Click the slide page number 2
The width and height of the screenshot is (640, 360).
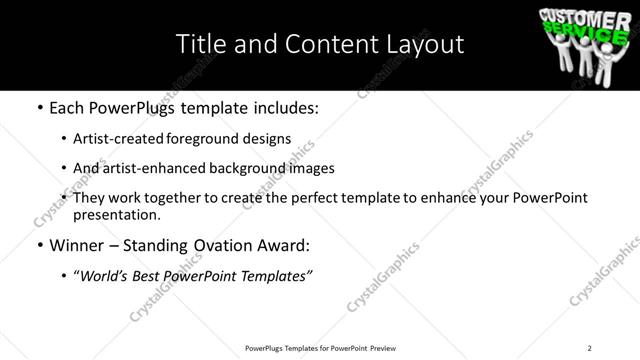tap(590, 348)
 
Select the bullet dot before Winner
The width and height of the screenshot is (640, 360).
tap(39, 244)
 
